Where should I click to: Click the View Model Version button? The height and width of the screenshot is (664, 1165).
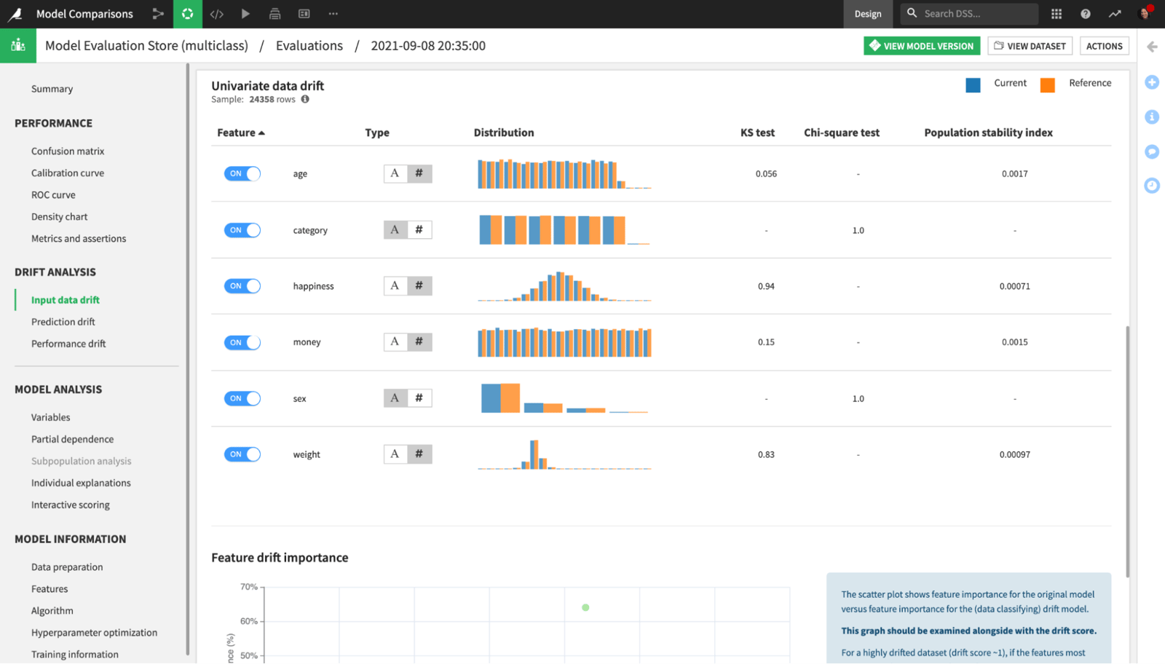tap(922, 46)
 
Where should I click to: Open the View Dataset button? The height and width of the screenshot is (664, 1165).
tap(1030, 46)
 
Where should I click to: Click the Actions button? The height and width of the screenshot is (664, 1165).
tap(1104, 46)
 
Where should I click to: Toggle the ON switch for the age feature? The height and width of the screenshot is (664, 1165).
tap(242, 173)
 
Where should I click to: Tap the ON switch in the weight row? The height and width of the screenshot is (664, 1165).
tap(242, 454)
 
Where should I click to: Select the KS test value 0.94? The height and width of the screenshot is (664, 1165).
tap(766, 286)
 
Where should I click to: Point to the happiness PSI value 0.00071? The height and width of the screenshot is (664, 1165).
tap(1014, 286)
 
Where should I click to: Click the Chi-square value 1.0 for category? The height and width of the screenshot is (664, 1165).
tap(858, 230)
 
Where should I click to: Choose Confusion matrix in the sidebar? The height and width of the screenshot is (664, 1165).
tap(68, 151)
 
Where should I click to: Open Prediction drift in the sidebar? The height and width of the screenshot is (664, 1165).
tap(63, 322)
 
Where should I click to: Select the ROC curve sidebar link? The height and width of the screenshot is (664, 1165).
tap(53, 194)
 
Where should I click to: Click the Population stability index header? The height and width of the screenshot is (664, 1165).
tap(988, 133)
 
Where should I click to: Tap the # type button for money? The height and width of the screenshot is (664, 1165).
tap(419, 341)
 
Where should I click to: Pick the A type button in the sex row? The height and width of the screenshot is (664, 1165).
tap(395, 398)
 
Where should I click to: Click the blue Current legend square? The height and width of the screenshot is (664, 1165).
tap(973, 85)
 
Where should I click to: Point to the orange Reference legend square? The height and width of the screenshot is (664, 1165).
tap(1047, 85)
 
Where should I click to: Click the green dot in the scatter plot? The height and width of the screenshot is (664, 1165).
tap(585, 607)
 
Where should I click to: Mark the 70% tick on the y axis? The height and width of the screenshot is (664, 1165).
tap(249, 587)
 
